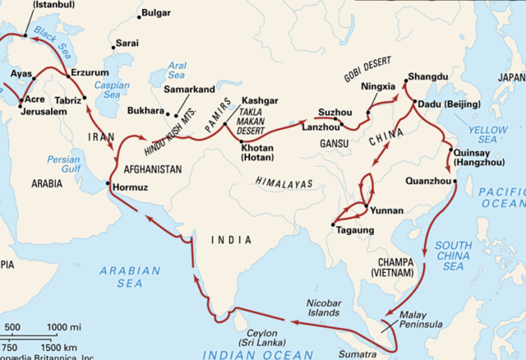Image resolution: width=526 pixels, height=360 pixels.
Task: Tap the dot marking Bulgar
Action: click(x=138, y=16)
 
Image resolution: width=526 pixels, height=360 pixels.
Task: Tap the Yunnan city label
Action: click(x=387, y=211)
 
